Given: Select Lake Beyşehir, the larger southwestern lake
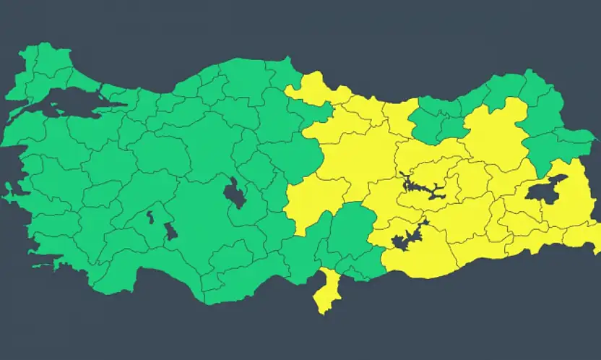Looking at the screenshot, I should click(171, 231).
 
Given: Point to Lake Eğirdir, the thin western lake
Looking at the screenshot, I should click(150, 215).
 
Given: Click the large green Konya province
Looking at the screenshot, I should click(209, 231).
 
